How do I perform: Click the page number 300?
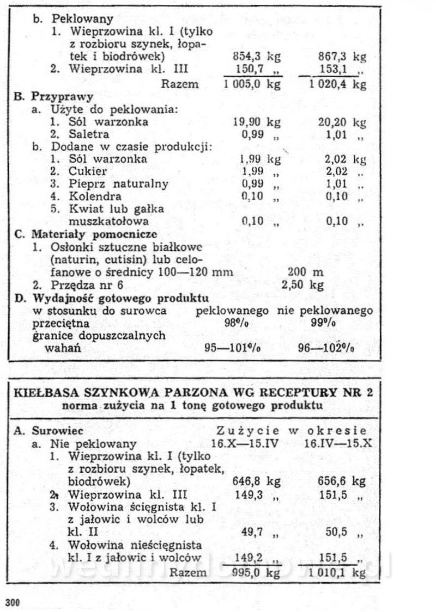[x=13, y=602]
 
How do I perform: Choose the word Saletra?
[x=89, y=134]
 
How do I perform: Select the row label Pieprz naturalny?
[x=118, y=184]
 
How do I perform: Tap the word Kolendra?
[x=95, y=196]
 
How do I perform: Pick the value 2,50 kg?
[x=302, y=285]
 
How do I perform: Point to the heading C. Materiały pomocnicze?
[x=86, y=234]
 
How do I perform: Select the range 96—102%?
[x=327, y=348]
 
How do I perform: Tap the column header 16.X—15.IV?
[x=245, y=443]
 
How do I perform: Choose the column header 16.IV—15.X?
[x=338, y=443]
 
